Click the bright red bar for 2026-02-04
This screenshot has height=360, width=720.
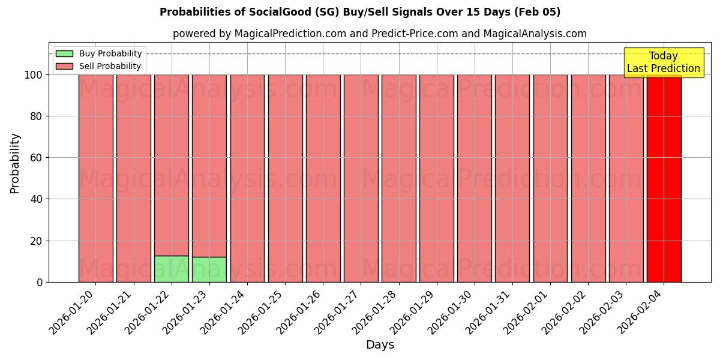664,178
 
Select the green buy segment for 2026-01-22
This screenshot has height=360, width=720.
172,269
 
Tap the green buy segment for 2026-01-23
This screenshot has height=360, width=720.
209,269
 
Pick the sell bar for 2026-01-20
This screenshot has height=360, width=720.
95,178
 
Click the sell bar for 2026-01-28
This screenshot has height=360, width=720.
398,178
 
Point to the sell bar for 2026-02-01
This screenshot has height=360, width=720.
550,178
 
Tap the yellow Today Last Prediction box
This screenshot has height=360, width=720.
663,62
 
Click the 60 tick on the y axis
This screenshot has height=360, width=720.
37,158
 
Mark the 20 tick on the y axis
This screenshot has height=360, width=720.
37,241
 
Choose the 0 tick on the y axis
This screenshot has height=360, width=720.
40,282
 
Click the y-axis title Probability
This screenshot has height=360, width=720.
15,163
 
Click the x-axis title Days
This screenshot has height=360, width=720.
380,345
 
